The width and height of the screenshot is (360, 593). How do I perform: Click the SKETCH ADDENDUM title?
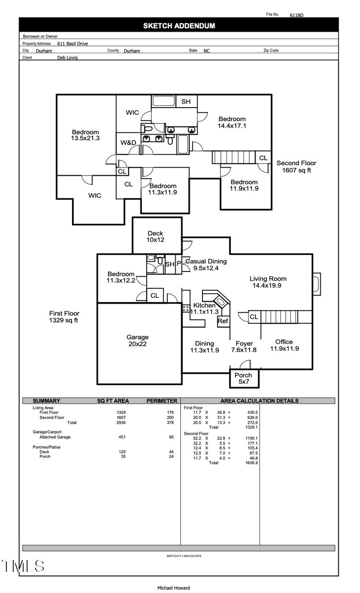click(x=179, y=26)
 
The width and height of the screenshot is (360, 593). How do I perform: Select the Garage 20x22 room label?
click(x=137, y=340)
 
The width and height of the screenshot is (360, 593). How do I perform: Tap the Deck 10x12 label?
click(x=156, y=237)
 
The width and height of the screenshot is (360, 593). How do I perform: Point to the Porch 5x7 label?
click(x=243, y=379)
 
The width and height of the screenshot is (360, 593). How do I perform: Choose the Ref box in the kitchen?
click(x=223, y=321)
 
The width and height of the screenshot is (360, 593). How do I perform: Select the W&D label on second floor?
click(x=128, y=143)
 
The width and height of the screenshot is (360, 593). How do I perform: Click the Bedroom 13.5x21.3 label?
click(x=85, y=135)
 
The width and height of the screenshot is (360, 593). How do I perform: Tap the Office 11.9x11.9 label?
click(x=284, y=345)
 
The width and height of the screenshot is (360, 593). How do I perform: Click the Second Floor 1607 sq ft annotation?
click(x=296, y=167)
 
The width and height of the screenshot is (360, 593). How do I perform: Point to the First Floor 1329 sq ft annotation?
click(x=67, y=317)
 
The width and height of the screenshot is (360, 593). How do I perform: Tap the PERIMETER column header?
click(x=162, y=401)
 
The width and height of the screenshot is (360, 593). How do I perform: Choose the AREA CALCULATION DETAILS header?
click(x=259, y=401)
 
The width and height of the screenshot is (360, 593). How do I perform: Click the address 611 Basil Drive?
click(x=72, y=44)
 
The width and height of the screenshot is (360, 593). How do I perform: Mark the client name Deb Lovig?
click(x=67, y=58)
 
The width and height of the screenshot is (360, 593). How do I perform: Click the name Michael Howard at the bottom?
click(x=174, y=588)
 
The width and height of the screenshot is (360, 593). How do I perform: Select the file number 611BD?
click(x=297, y=15)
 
